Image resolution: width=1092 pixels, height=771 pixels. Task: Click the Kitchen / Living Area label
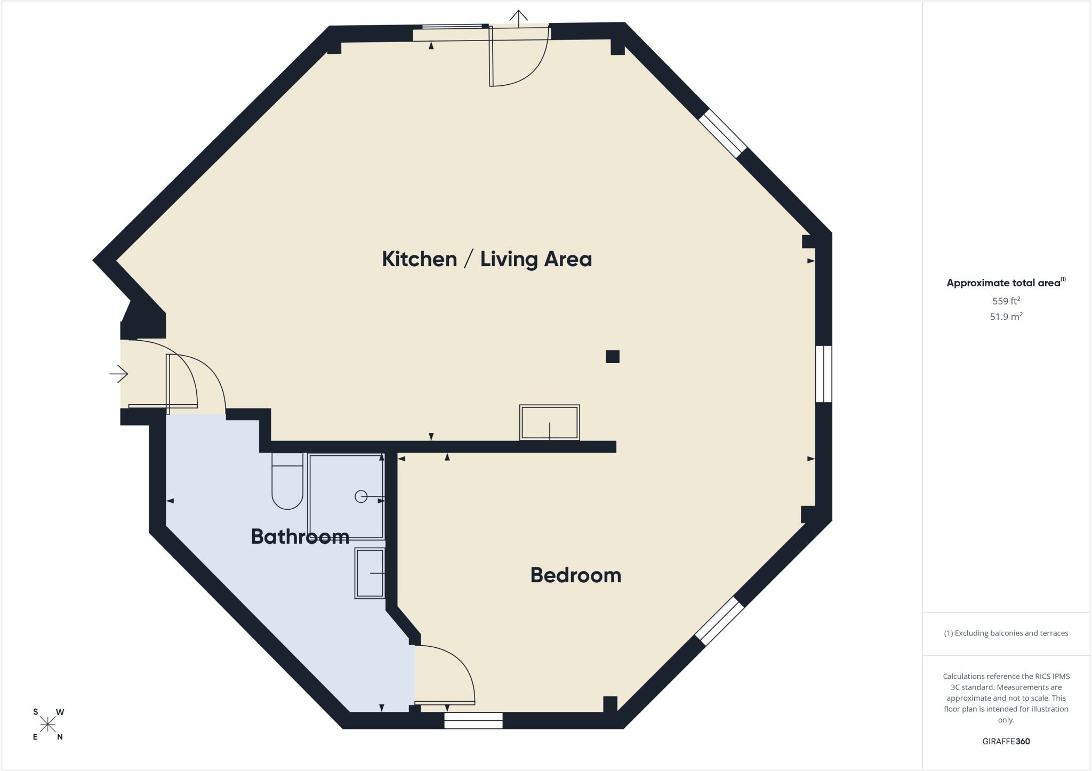487,259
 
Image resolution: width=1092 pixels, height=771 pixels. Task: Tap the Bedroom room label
576,575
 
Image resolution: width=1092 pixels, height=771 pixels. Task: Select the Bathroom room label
300,536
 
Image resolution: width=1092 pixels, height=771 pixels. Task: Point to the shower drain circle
361,497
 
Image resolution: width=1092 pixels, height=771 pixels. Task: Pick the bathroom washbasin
370,573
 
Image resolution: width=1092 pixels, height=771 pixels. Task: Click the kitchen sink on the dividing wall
550,423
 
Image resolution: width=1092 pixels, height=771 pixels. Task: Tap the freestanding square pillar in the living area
613,357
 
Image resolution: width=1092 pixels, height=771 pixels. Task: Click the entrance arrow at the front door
119,374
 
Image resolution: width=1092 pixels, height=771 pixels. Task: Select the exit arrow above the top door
518,18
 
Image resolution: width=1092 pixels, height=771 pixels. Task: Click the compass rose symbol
48,725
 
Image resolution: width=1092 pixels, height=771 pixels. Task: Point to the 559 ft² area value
1006,301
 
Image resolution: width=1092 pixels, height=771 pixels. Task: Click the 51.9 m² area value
1006,317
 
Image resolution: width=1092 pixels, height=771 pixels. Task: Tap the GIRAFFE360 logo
1006,741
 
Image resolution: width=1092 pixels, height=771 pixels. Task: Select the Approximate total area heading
1006,283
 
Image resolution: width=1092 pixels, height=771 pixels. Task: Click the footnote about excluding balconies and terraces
1006,633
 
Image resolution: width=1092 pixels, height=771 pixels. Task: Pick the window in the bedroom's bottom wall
473,721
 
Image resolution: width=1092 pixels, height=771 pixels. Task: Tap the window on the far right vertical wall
824,374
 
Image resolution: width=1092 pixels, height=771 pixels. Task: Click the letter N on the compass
60,737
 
